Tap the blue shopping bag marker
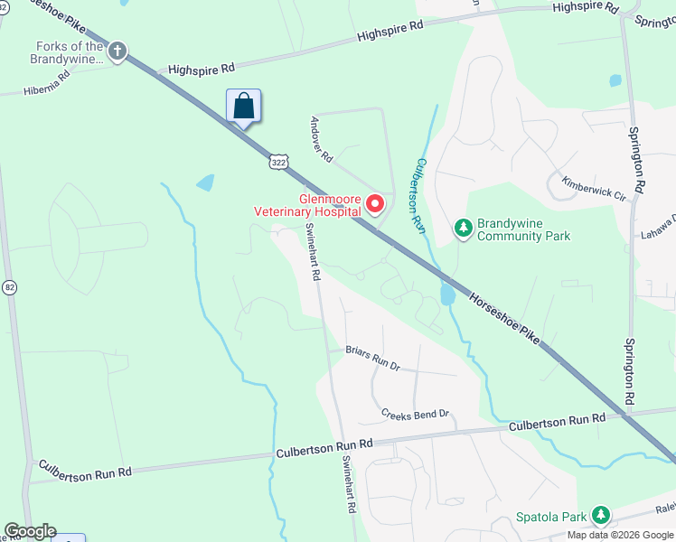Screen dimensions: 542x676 pos(243,106)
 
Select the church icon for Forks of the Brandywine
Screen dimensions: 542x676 pos(117,52)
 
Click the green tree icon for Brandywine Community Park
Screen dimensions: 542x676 pos(464,229)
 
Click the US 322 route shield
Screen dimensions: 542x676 pos(277,160)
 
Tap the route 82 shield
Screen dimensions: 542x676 pos(10,286)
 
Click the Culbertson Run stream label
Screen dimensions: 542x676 pos(419,193)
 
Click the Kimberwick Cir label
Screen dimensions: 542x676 pos(594,188)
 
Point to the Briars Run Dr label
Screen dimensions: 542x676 pos(372,358)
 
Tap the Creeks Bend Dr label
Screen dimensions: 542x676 pos(415,415)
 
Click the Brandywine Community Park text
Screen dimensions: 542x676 pos(523,229)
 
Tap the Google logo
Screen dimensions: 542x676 pos(30,531)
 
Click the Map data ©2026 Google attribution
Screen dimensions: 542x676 pos(620,535)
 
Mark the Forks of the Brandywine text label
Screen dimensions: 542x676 pos(70,52)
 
